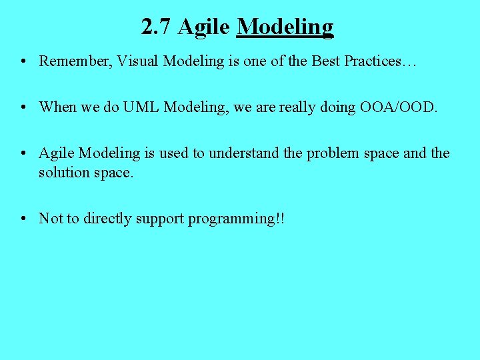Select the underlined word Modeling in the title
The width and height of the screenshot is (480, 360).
point(285,27)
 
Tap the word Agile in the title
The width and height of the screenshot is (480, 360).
point(205,27)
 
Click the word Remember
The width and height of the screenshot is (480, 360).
point(75,61)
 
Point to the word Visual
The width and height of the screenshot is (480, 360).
point(138,61)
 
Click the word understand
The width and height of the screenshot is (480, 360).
point(244,153)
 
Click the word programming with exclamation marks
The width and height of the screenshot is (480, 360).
point(236,219)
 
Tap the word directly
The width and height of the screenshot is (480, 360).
point(108,219)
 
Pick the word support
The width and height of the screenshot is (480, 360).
point(160,219)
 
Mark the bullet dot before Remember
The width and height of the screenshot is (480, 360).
point(23,62)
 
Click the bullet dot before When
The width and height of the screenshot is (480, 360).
point(23,108)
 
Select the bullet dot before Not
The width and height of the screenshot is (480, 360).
point(23,219)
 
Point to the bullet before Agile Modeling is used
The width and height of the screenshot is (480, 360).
point(23,154)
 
